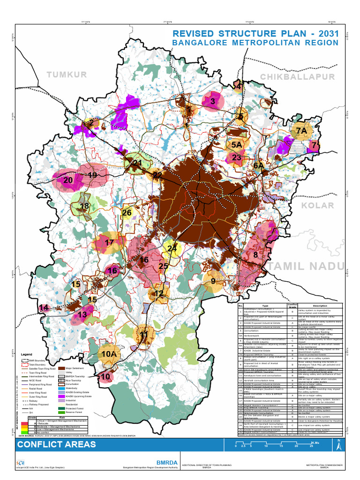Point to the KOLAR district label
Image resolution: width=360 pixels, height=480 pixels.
point(317,205)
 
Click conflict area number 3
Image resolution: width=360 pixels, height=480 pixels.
point(213,101)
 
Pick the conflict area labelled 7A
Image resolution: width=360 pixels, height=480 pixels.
point(301,130)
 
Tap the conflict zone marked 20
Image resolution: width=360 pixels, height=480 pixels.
point(68,180)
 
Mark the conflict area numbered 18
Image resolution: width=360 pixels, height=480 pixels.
point(84,206)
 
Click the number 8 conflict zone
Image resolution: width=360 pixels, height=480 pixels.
point(255,255)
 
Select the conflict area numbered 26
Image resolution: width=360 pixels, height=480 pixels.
point(127,213)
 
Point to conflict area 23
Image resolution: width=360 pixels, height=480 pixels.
point(237,157)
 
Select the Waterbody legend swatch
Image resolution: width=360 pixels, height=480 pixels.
point(62,389)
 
